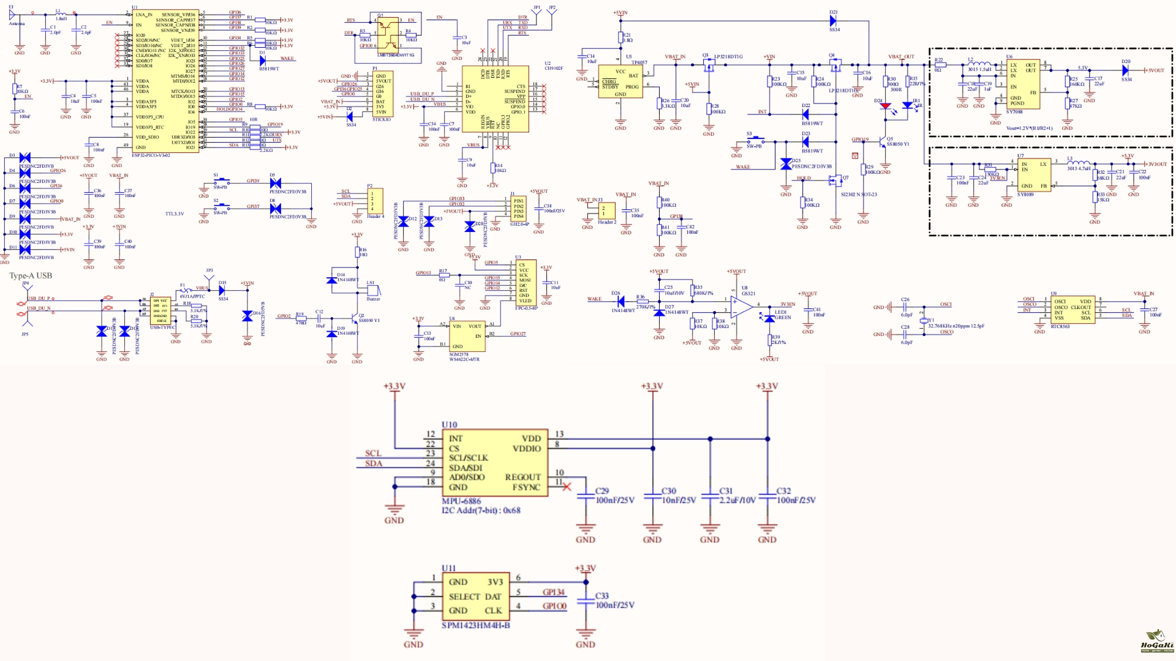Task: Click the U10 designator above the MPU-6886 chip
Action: tap(449, 425)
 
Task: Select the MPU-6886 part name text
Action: tap(461, 501)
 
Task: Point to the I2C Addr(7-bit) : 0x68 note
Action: tap(481, 510)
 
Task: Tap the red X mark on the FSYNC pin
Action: tap(567, 487)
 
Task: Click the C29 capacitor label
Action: tap(602, 491)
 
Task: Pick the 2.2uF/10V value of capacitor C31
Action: tap(737, 500)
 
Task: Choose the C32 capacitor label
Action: tap(783, 491)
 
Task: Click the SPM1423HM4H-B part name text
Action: tap(476, 626)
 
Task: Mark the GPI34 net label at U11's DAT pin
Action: tap(554, 592)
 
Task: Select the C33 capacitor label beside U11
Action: tap(602, 596)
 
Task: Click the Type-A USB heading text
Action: tap(31, 276)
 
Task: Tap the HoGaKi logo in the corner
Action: tap(1156, 641)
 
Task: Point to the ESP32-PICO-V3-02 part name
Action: tap(151, 155)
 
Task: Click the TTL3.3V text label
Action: tap(175, 214)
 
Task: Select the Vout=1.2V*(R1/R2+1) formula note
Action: tap(1029, 129)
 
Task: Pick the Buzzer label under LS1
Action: tap(373, 299)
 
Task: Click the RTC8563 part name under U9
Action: tap(1060, 327)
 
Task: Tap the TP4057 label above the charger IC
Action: tap(639, 62)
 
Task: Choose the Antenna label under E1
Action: tap(17, 24)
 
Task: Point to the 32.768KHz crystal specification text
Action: tap(956, 326)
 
